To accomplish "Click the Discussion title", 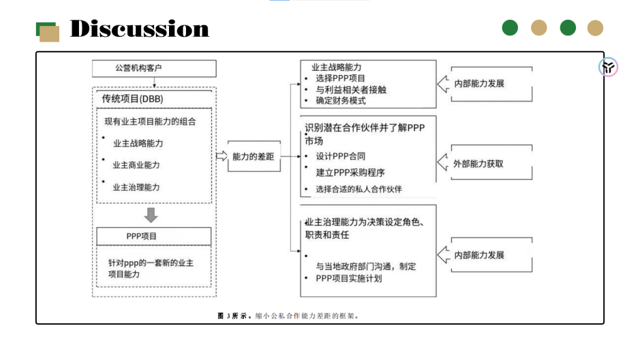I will click(x=139, y=29).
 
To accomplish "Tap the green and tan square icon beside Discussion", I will click(x=47, y=31).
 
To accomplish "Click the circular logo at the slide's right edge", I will click(x=608, y=67).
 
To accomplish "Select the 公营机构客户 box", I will click(x=154, y=68).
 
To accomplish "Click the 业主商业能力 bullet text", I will click(x=136, y=165).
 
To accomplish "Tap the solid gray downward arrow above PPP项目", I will click(x=151, y=215).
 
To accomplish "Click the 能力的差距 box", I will click(x=253, y=156).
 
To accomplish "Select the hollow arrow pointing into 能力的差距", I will click(x=222, y=156).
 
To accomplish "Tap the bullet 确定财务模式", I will click(x=341, y=101).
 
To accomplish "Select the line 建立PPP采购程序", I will click(x=350, y=172).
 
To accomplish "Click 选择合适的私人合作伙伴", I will click(x=359, y=189).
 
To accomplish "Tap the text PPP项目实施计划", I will click(x=348, y=278).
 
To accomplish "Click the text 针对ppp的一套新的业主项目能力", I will click(x=151, y=268).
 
